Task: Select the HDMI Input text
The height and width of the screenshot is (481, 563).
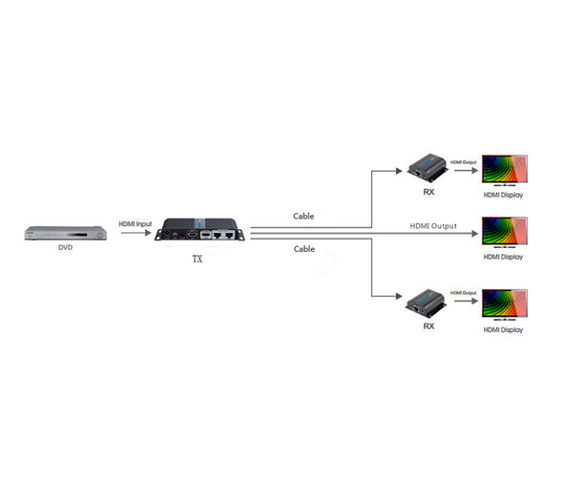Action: (134, 223)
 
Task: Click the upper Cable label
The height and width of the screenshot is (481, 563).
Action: (303, 216)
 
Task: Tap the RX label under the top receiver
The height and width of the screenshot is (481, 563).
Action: (428, 191)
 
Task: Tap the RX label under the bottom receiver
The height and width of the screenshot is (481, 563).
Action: (428, 325)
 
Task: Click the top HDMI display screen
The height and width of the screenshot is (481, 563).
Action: (503, 170)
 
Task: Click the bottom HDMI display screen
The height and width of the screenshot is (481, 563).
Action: (503, 304)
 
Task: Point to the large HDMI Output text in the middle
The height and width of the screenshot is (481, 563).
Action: (433, 225)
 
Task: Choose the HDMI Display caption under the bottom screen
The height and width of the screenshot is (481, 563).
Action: (503, 329)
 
